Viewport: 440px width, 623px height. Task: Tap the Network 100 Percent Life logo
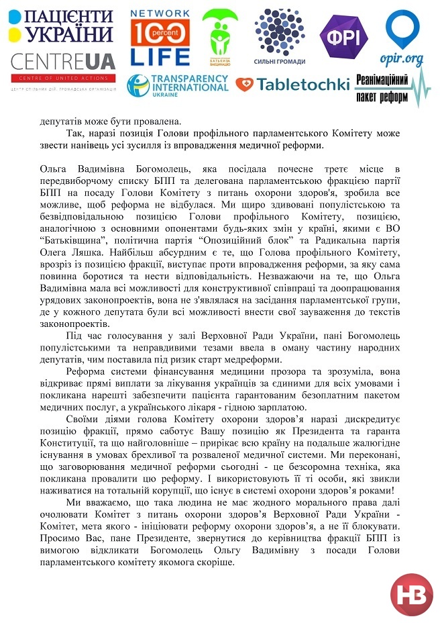click(160, 37)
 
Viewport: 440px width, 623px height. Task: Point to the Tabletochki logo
click(292, 85)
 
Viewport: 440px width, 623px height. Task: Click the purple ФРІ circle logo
click(343, 35)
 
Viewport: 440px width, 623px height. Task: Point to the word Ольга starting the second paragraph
click(54, 166)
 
